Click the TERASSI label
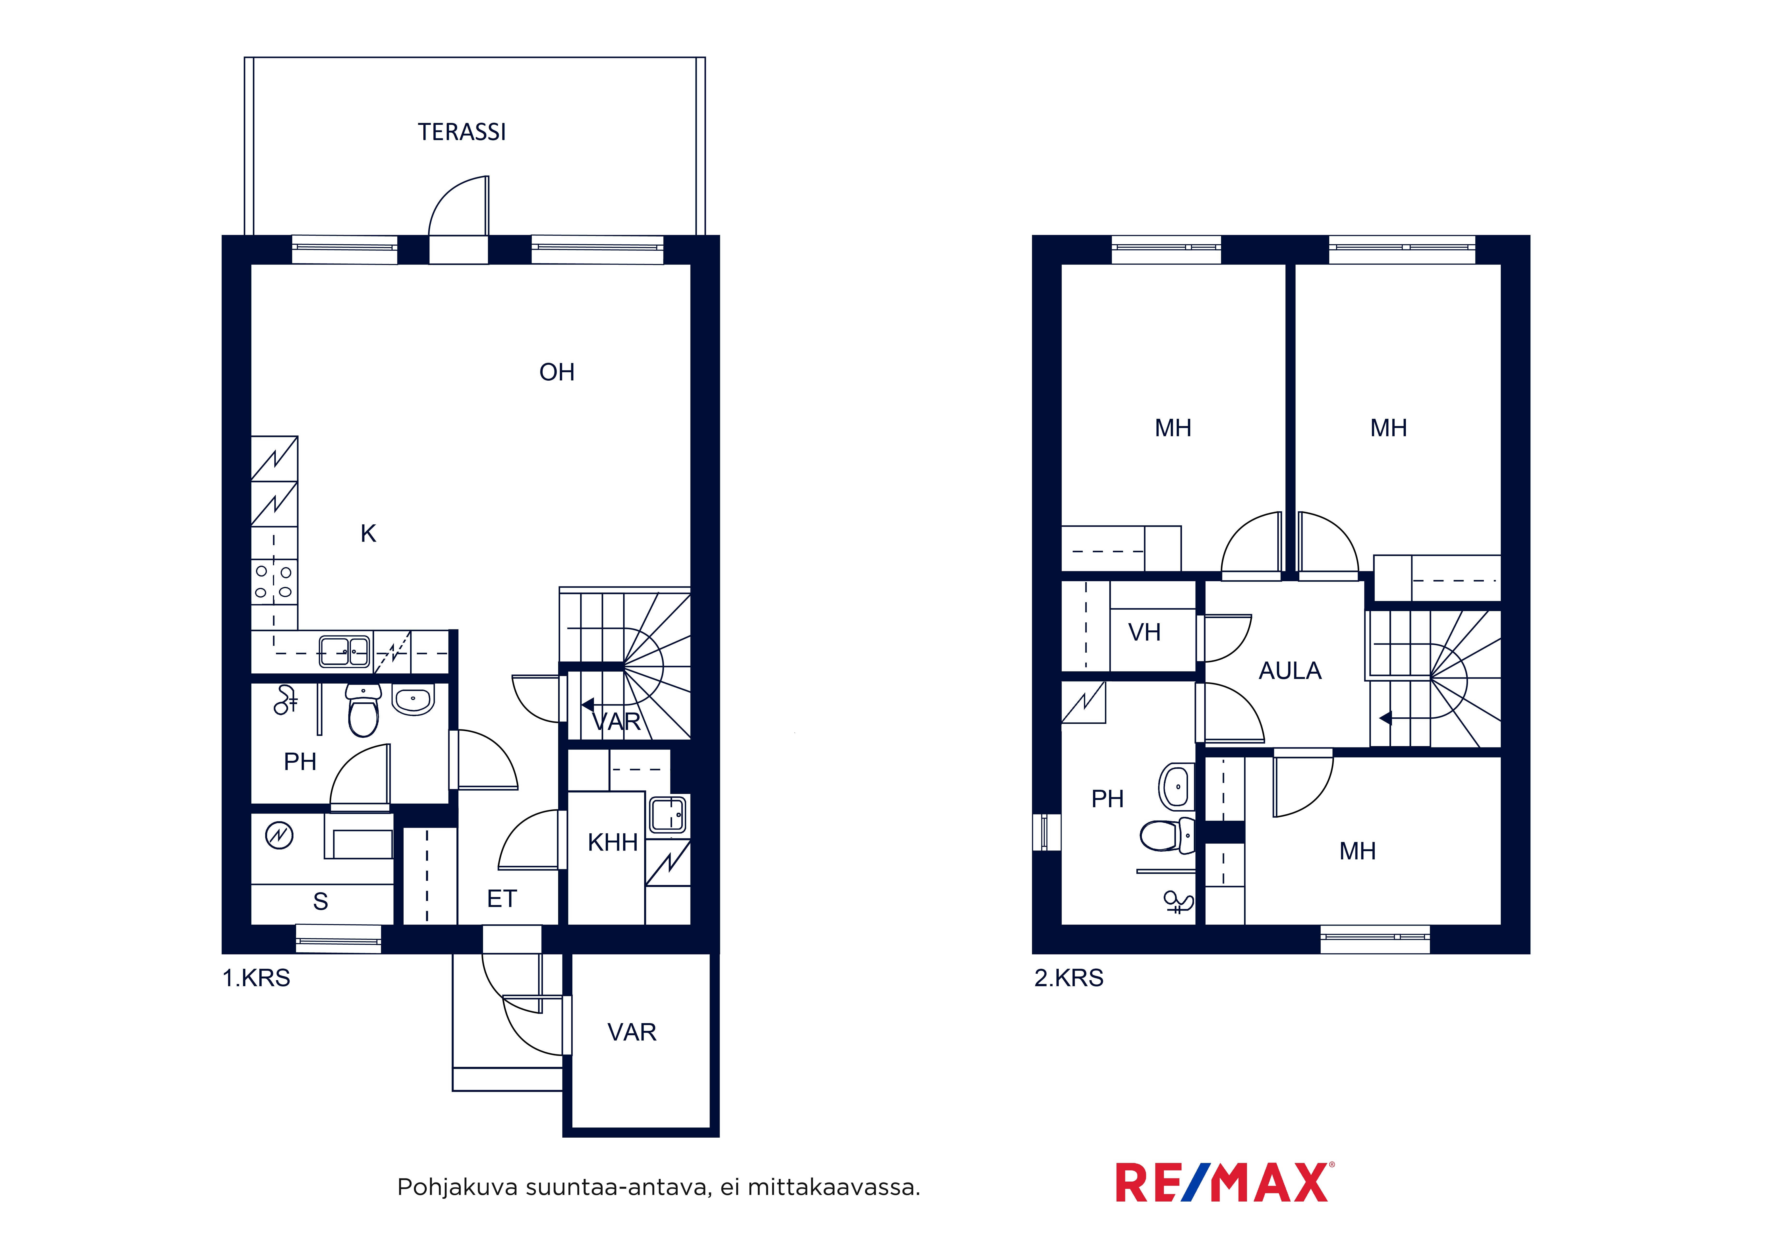tap(462, 132)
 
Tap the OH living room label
tap(556, 372)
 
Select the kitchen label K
tap(368, 534)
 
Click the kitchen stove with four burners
tap(274, 582)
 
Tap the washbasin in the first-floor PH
tap(413, 699)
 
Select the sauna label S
tap(320, 901)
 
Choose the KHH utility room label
tap(613, 843)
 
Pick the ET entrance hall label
tap(502, 899)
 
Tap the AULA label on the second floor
tap(1290, 671)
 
